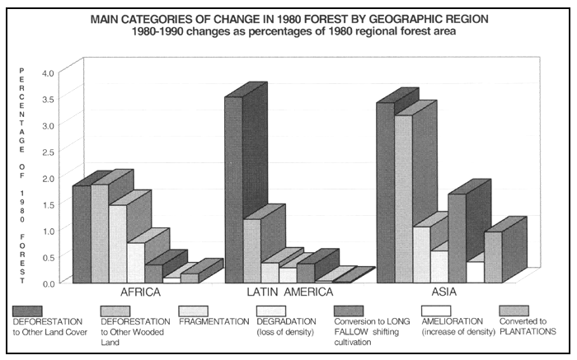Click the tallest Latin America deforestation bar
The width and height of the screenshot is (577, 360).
click(233, 189)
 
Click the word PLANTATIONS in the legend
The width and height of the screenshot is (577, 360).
click(528, 330)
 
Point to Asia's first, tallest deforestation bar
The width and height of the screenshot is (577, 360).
click(386, 193)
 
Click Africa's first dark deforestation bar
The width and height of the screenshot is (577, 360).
click(82, 234)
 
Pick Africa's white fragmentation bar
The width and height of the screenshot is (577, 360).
click(118, 244)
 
